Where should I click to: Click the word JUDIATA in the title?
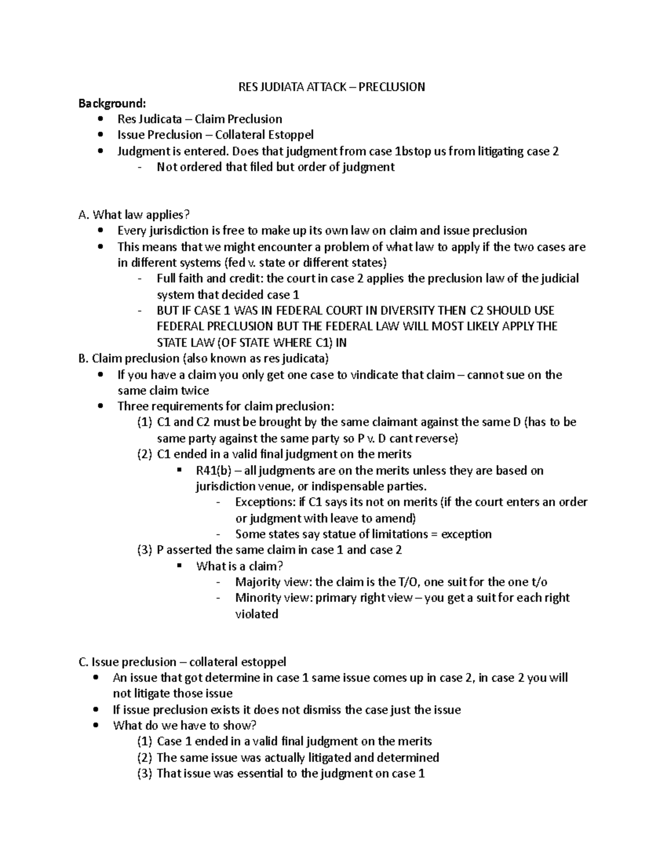[280, 87]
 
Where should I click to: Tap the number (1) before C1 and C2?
[144, 422]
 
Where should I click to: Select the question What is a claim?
[240, 566]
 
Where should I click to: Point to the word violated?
[256, 614]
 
